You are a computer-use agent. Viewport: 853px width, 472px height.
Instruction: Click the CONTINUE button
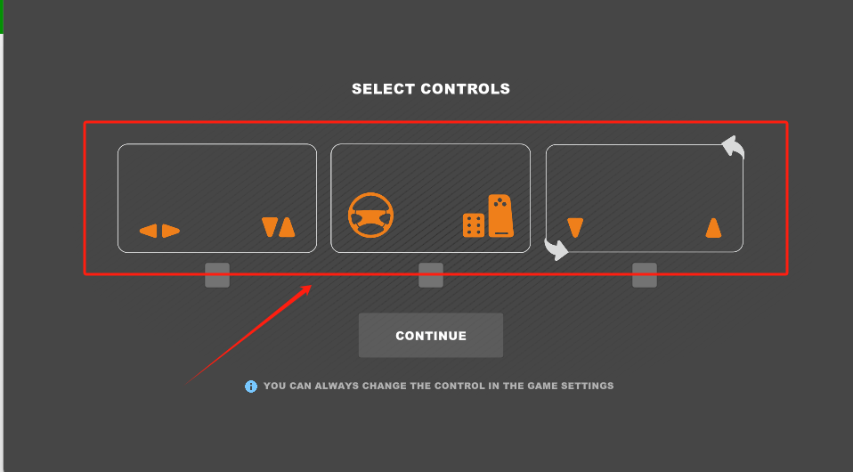tap(431, 336)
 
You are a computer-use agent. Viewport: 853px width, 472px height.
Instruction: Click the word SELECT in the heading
tap(383, 89)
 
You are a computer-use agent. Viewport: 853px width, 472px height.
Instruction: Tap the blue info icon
tap(251, 387)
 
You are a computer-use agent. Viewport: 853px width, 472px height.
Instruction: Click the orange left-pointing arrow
tap(149, 232)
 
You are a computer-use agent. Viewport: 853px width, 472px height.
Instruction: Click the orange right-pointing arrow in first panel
tap(171, 232)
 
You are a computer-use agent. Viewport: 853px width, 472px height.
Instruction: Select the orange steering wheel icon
tap(370, 216)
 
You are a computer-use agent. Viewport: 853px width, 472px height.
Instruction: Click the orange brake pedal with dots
tap(473, 225)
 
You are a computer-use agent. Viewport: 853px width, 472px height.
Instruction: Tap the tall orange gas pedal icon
tap(501, 215)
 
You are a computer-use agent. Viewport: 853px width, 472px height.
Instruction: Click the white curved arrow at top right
tap(733, 147)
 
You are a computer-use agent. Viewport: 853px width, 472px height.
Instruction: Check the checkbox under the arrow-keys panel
tap(217, 275)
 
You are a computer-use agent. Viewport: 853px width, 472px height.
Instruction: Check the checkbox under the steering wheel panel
tap(431, 275)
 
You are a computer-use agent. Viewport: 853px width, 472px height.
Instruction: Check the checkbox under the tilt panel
tap(645, 275)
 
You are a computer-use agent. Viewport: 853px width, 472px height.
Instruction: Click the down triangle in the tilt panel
tap(575, 228)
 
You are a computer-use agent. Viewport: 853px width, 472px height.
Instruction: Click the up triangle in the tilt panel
tap(713, 228)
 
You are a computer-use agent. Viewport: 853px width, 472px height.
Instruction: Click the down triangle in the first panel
tap(270, 228)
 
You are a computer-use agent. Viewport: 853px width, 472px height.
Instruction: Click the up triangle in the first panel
tap(287, 228)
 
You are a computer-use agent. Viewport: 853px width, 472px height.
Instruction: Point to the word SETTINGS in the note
tap(588, 387)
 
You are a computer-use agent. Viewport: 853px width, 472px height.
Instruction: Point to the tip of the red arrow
tap(311, 286)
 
